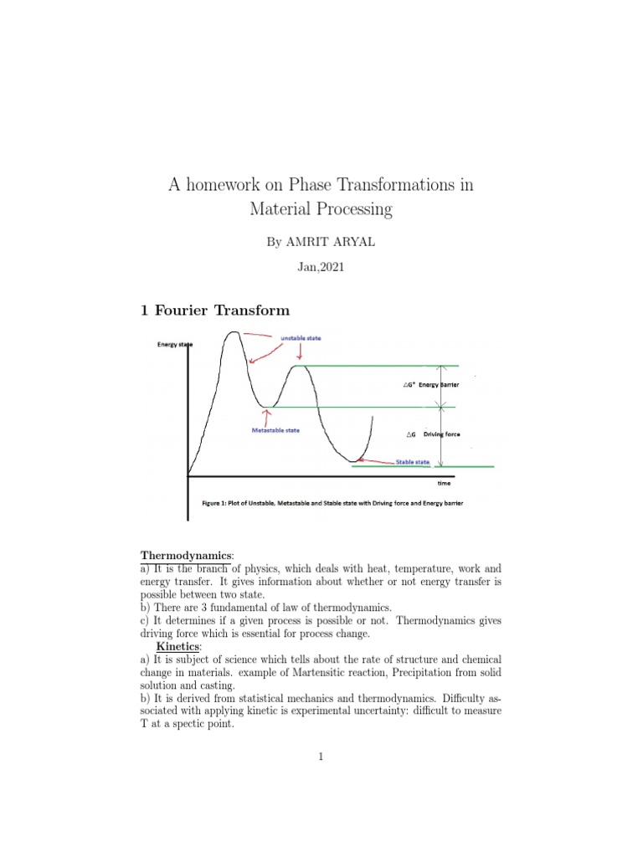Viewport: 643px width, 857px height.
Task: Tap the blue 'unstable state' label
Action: (301, 337)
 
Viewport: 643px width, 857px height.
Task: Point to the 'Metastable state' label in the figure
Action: (275, 430)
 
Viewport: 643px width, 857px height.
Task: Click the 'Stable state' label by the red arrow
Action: (414, 461)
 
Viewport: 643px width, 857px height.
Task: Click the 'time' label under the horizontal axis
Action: (444, 484)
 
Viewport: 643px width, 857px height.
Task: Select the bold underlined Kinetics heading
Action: (180, 647)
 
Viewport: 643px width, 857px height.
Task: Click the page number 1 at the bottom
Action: (321, 757)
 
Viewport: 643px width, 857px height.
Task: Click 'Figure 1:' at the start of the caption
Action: (219, 504)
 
